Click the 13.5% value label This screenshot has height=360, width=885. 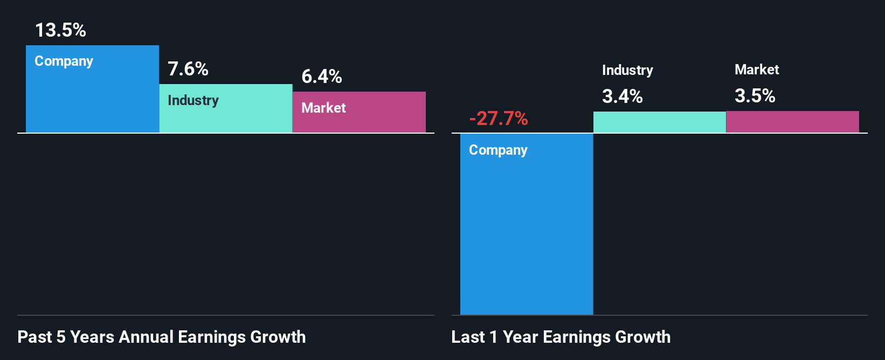pyautogui.click(x=60, y=30)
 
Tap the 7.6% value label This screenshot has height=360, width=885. pyautogui.click(x=188, y=69)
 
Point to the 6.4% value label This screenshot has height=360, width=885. pyautogui.click(x=321, y=77)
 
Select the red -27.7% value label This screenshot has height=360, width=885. pyautogui.click(x=498, y=118)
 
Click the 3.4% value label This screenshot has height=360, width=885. pyautogui.click(x=622, y=96)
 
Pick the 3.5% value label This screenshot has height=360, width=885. pyautogui.click(x=755, y=96)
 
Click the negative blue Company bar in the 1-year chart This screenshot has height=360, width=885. pyautogui.click(x=527, y=232)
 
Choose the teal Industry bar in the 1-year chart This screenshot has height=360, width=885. pyautogui.click(x=660, y=122)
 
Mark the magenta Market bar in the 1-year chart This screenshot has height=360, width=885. pyautogui.click(x=792, y=122)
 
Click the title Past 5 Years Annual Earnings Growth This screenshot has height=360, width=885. pyautogui.click(x=161, y=337)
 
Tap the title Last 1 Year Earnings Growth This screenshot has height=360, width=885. pyautogui.click(x=561, y=337)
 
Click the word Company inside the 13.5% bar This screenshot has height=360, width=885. pyautogui.click(x=64, y=61)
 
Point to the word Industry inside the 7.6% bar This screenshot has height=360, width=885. pyautogui.click(x=193, y=100)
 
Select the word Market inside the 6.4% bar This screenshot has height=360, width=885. pyautogui.click(x=323, y=108)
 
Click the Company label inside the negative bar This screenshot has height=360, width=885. pyautogui.click(x=498, y=150)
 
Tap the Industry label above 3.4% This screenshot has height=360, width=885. pyautogui.click(x=627, y=70)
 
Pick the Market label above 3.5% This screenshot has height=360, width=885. pyautogui.click(x=757, y=70)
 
